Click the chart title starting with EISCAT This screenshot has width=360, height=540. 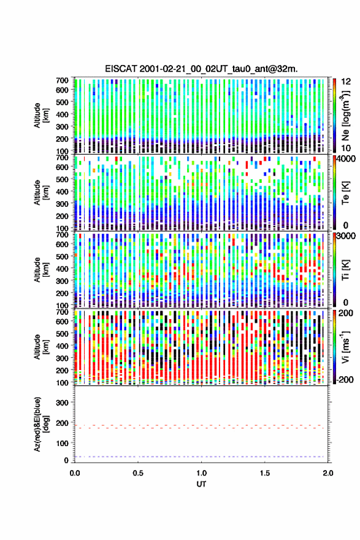[201, 69]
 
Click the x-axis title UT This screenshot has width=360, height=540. [201, 484]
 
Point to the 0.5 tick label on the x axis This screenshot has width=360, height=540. [138, 473]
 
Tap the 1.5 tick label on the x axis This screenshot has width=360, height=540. [265, 473]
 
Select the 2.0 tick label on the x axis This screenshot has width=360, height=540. [328, 473]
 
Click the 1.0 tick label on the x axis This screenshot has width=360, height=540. [201, 473]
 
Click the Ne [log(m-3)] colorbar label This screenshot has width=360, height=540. [345, 115]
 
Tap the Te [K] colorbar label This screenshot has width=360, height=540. [345, 193]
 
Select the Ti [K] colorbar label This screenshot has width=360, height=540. [345, 269]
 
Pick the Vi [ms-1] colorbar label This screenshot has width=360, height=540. [345, 347]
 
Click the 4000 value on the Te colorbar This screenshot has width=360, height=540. [347, 159]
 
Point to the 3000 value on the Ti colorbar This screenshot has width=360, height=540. [347, 236]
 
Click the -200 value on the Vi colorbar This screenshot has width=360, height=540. [345, 379]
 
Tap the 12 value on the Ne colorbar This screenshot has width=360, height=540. [347, 82]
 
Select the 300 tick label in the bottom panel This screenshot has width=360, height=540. [63, 403]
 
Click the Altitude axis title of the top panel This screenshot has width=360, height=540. [40, 115]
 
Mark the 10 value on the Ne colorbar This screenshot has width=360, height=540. [347, 148]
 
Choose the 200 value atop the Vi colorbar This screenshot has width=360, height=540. [345, 313]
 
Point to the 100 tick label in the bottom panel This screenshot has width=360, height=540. [63, 443]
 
